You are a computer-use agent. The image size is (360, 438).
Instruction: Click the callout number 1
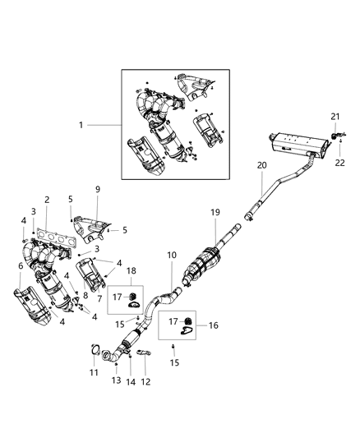pos(81,126)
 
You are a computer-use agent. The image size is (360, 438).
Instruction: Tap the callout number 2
pos(47,200)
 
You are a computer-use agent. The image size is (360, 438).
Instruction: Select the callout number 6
pos(21,266)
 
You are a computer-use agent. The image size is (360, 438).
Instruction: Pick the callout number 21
pos(335,116)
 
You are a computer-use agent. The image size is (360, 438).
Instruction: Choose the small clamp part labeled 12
pos(145,354)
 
